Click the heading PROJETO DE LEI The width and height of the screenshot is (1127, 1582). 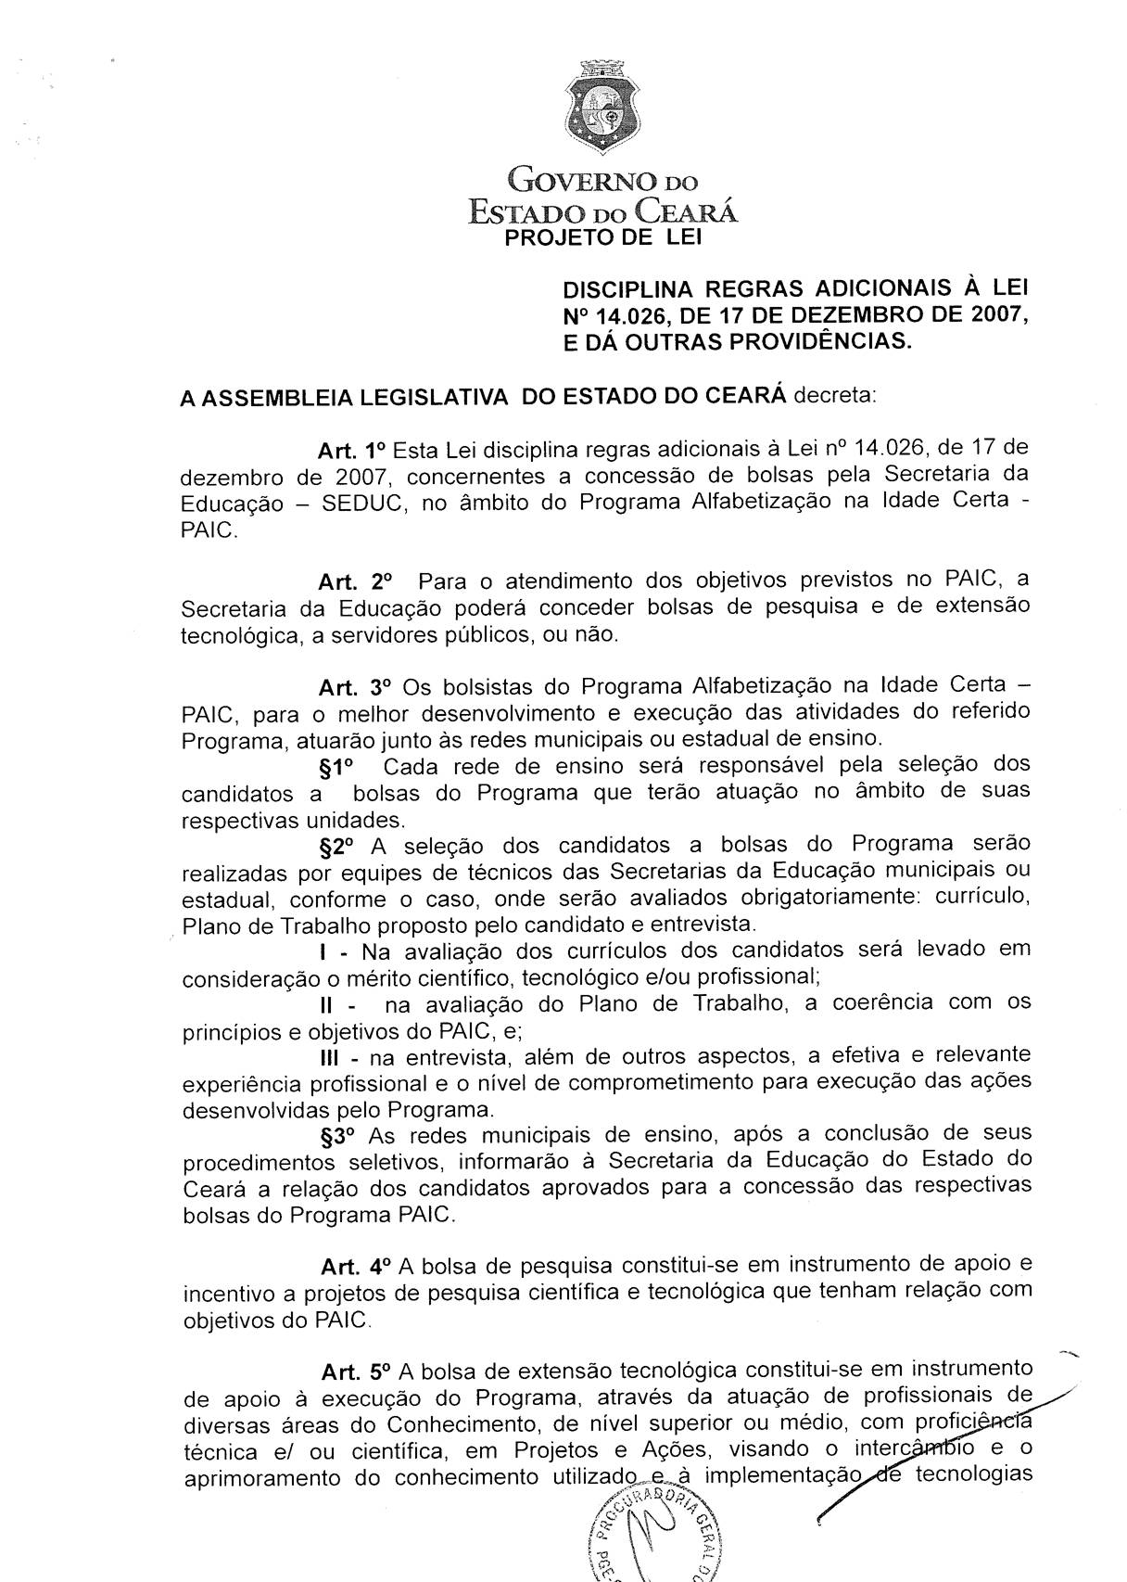pos(603,238)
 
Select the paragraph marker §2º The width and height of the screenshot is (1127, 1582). pos(337,847)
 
